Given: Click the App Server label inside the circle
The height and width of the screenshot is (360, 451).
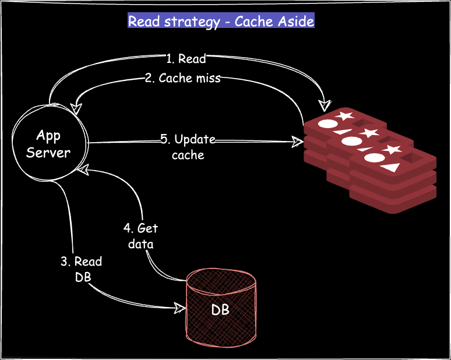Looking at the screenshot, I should (48, 144).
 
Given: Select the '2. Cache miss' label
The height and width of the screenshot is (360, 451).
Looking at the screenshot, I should (182, 78).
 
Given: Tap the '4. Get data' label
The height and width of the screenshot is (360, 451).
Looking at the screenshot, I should (140, 235).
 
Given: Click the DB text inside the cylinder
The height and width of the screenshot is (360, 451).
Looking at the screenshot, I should (220, 309).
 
